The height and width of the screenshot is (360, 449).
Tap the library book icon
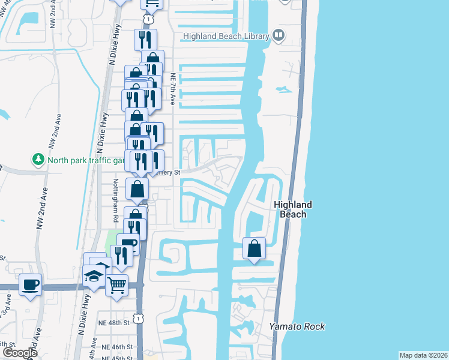(278, 36)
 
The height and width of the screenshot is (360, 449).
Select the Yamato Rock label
(297, 326)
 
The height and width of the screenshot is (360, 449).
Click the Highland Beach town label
(293, 209)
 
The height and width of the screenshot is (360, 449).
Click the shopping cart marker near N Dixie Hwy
(117, 284)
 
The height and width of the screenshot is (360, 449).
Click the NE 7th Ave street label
(173, 89)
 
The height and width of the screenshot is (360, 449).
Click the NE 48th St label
(115, 323)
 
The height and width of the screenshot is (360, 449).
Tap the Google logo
(20, 353)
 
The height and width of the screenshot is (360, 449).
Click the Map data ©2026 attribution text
(423, 355)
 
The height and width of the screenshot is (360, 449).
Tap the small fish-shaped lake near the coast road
(285, 89)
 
